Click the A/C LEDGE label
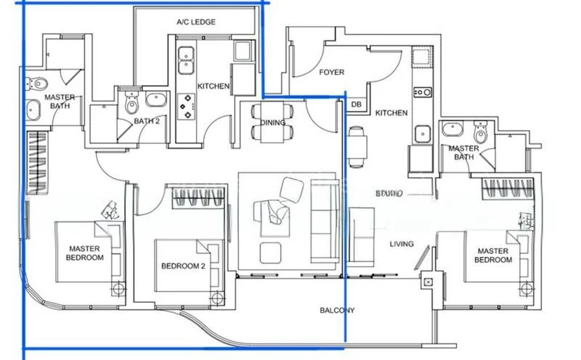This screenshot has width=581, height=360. pyautogui.click(x=196, y=22)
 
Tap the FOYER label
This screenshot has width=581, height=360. pyautogui.click(x=331, y=73)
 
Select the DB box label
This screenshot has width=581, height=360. pyautogui.click(x=356, y=105)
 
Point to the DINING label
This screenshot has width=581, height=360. pyautogui.click(x=272, y=123)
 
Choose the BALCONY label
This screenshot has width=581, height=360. pyautogui.click(x=337, y=311)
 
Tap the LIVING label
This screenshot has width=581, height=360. pyautogui.click(x=401, y=245)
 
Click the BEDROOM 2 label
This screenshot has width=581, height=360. pyautogui.click(x=183, y=266)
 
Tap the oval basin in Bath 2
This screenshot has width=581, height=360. pyautogui.click(x=155, y=100)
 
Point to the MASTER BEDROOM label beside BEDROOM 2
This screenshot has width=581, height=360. pyautogui.click(x=84, y=252)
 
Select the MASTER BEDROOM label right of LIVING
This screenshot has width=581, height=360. pyautogui.click(x=494, y=255)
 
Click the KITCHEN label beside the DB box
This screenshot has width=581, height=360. pyautogui.click(x=391, y=113)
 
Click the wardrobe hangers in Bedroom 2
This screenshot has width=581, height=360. pyautogui.click(x=197, y=197)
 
